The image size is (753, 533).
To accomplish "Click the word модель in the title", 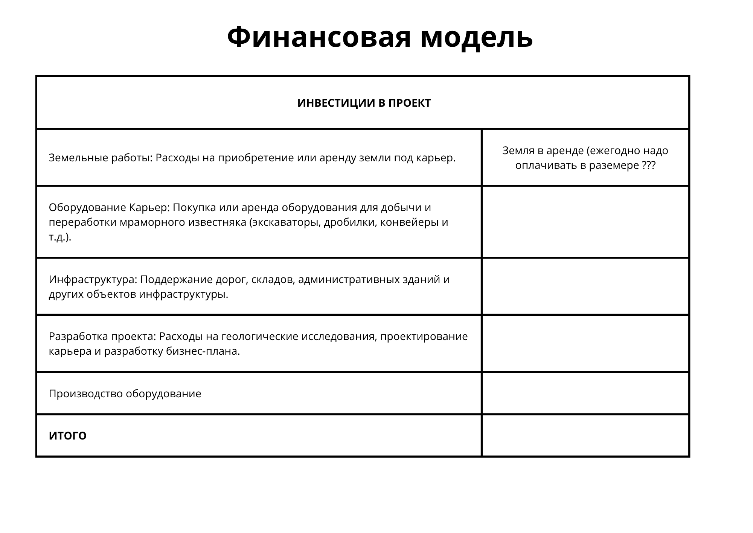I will coord(476,38).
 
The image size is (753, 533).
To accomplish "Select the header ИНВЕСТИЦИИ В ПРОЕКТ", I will coord(364,103).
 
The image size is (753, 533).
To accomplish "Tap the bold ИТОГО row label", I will coord(68,436).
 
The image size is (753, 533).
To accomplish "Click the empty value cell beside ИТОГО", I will coord(585,436).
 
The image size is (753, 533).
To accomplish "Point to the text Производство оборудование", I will coord(125,394).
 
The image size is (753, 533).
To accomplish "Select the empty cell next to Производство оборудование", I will coord(585,394).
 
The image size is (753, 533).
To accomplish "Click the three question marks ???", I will coord(649,165).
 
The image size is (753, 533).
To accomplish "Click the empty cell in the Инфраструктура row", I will coord(585,286).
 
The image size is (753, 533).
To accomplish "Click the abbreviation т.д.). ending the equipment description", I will coord(60,237).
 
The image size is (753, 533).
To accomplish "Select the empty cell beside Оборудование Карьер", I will coord(585,222).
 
